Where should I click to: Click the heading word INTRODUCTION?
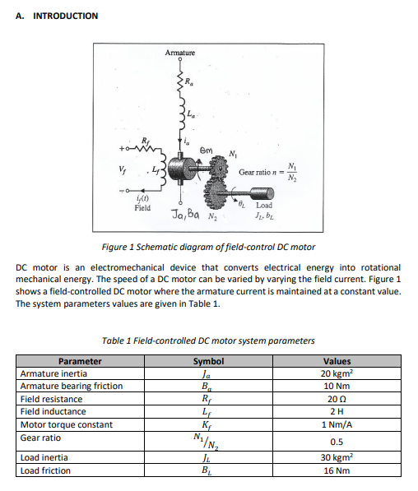(65, 16)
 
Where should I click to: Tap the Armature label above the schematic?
(180, 53)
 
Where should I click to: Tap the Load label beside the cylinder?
(265, 206)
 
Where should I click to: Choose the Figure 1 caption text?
(208, 247)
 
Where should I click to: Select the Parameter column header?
(81, 361)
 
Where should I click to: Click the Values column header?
(337, 361)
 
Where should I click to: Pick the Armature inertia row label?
(53, 373)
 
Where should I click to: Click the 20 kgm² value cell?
(337, 373)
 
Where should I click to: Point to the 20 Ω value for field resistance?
(337, 399)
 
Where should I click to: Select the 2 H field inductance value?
(337, 411)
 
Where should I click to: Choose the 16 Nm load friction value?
(337, 470)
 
